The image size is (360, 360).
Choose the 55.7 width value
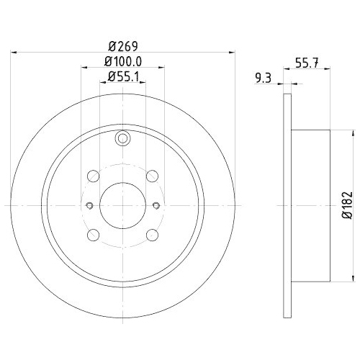pos(307,63)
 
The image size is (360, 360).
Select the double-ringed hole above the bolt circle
pos(122,140)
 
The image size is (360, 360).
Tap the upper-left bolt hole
pos(93,176)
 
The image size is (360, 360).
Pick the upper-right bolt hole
pos(151,176)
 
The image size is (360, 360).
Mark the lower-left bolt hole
pos(93,234)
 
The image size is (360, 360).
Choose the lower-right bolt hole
pos(151,234)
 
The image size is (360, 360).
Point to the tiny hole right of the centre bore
pos(156,205)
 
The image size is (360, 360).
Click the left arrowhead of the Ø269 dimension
pos(17,51)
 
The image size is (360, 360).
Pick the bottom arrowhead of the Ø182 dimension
pos(354,277)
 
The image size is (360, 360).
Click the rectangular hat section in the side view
pos(311,205)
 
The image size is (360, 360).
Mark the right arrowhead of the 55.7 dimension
pos(329,84)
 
